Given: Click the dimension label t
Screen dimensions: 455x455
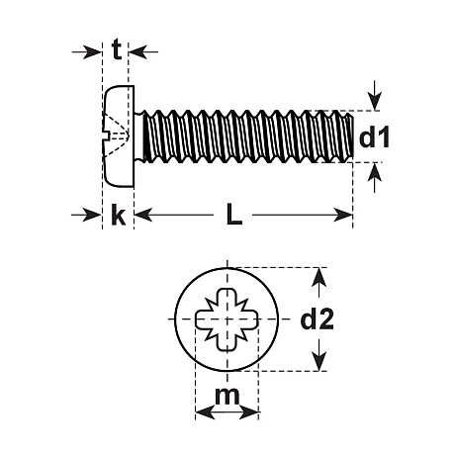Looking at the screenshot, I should point(117,50).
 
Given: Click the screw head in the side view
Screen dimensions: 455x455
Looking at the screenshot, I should point(117,135).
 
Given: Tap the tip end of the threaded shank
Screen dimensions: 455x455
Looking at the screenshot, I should point(348,136).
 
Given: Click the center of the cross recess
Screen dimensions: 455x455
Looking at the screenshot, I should point(227,318).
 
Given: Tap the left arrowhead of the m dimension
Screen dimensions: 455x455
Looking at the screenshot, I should point(201,412).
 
